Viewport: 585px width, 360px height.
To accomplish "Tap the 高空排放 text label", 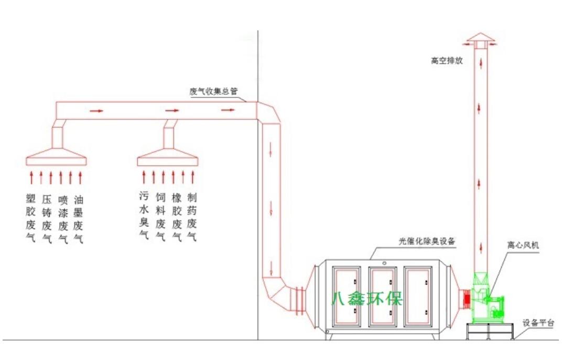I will [x=447, y=61].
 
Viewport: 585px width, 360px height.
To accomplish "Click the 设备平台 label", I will [x=538, y=323].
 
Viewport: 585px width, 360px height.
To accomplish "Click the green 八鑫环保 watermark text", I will [x=367, y=299].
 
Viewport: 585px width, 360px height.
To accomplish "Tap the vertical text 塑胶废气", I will [x=31, y=219].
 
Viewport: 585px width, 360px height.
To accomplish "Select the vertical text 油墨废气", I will [x=79, y=219].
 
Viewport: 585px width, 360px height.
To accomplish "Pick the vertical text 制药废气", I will [x=192, y=216].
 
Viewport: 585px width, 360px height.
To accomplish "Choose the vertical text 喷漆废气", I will [x=63, y=219].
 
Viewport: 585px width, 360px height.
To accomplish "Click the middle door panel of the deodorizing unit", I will [x=382, y=296].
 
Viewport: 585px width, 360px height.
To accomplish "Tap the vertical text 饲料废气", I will [x=160, y=216].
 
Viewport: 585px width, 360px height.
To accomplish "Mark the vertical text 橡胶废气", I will [x=177, y=216].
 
